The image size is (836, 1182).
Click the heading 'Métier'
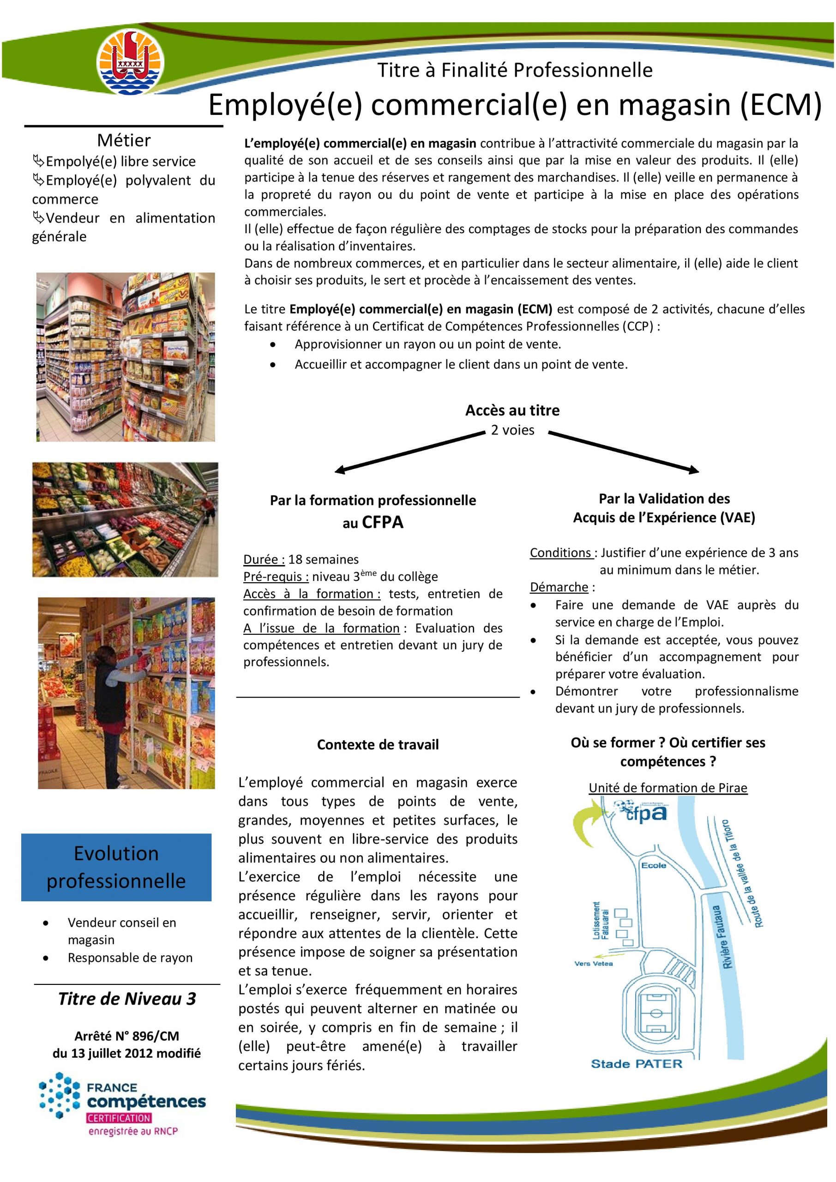coord(124,140)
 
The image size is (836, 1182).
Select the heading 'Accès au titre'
coord(512,410)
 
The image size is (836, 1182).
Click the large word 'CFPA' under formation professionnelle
coord(383,523)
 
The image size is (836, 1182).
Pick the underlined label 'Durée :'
coord(264,560)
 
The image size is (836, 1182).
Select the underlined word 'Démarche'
coord(559,587)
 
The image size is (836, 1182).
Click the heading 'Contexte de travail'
coord(378,745)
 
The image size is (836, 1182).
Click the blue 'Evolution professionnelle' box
coord(116,867)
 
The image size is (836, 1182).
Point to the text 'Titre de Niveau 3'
coord(127,999)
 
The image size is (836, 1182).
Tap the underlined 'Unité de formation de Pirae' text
coord(668,788)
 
